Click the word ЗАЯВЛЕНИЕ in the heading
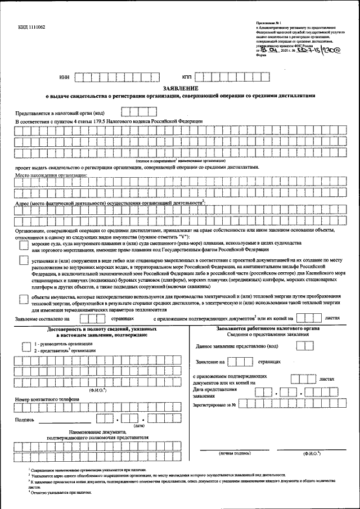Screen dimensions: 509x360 [x=181, y=88]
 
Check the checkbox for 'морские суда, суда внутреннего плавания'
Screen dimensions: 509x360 [x=23, y=245]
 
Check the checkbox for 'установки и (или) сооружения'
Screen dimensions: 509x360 [x=23, y=260]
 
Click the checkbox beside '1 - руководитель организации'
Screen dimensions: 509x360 [x=25, y=346]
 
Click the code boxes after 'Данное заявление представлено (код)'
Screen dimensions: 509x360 [x=305, y=346]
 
